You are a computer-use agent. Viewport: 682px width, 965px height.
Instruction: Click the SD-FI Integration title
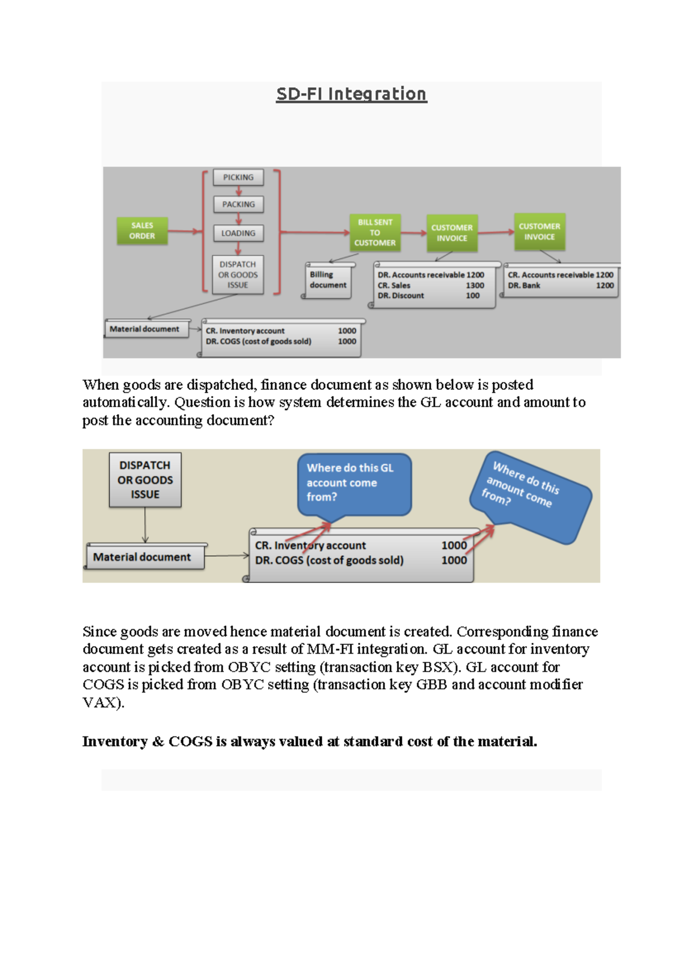point(351,94)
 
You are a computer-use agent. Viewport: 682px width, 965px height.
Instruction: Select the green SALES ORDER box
point(142,231)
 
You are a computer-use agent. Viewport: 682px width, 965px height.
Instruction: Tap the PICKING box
point(238,177)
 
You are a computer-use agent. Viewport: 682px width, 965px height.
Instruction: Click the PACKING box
point(238,204)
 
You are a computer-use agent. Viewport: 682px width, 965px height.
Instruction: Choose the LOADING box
point(238,233)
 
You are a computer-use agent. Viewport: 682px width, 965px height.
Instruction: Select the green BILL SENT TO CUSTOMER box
point(375,232)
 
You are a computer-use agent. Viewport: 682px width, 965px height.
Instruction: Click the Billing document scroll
point(328,280)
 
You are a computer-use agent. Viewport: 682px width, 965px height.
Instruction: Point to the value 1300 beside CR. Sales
point(475,285)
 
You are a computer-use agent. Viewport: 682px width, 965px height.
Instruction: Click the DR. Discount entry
point(401,296)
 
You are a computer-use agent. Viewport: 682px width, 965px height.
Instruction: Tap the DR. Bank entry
point(523,285)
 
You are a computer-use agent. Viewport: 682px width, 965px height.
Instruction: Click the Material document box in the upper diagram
point(144,329)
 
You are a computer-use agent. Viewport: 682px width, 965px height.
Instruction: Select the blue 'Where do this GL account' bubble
point(354,483)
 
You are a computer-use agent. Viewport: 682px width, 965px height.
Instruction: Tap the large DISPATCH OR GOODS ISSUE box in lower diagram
point(145,480)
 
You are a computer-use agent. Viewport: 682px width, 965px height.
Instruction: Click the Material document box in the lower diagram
point(142,557)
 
